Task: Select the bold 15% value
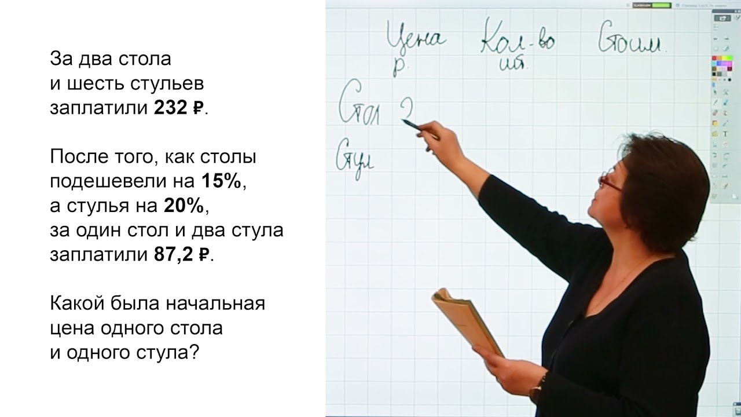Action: pos(221,182)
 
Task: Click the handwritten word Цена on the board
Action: pos(416,41)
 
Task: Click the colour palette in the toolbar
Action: pos(721,66)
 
